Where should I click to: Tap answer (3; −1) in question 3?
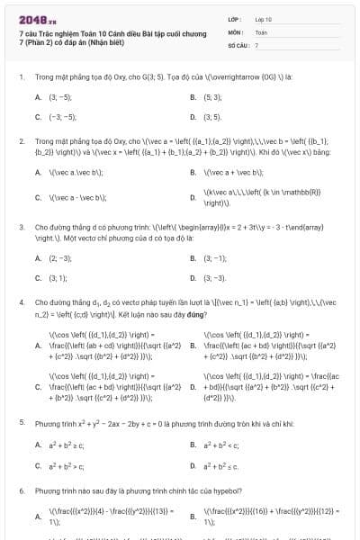(214, 258)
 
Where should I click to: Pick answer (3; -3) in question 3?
(214, 279)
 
